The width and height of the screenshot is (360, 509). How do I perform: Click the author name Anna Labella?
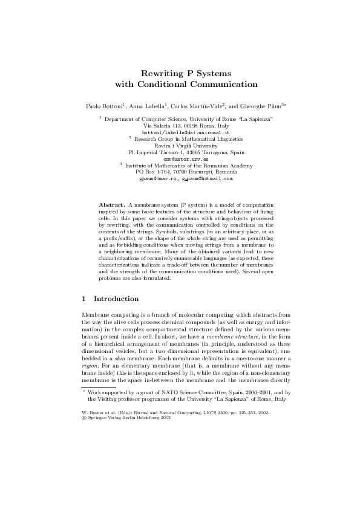pyautogui.click(x=143, y=106)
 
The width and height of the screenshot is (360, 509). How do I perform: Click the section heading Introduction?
pyautogui.click(x=116, y=299)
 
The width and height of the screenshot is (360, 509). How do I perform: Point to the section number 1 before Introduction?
pyautogui.click(x=83, y=299)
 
